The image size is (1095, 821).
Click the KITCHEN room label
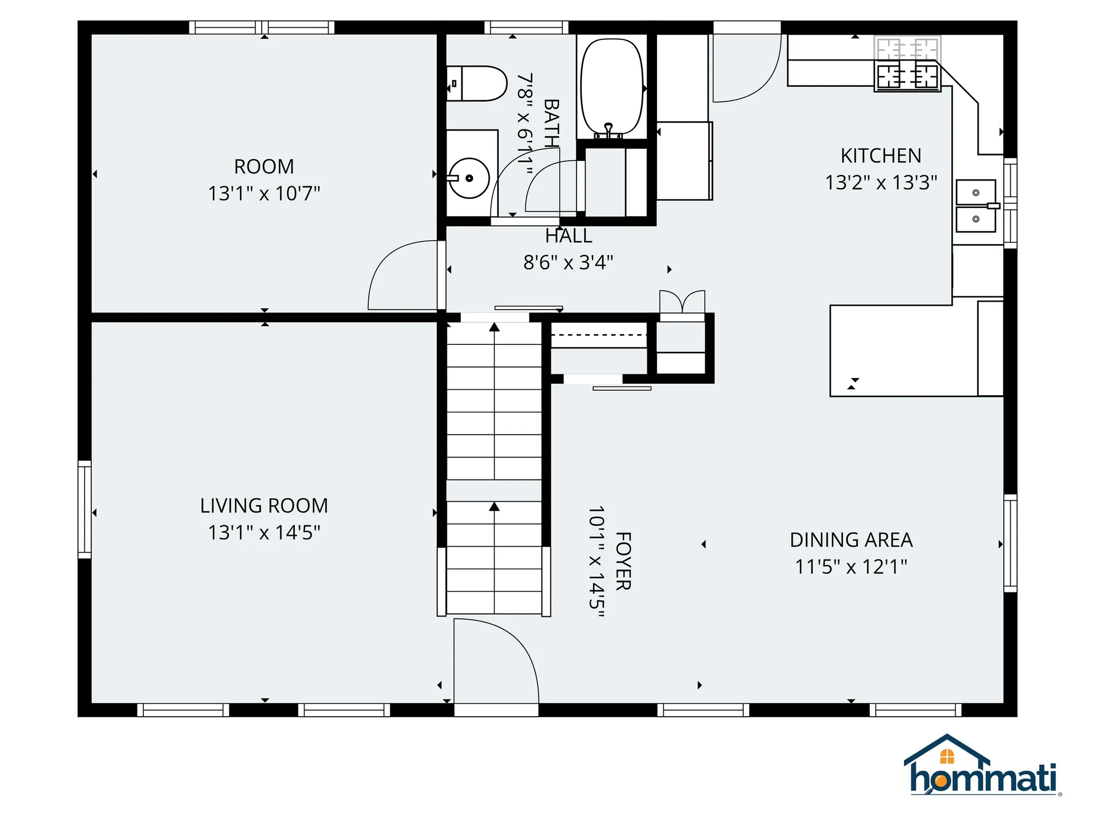click(x=881, y=156)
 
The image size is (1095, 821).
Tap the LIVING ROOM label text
click(x=264, y=506)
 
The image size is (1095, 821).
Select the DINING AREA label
click(x=851, y=540)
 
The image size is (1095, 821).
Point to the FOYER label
click(x=623, y=561)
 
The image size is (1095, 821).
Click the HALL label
click(x=569, y=235)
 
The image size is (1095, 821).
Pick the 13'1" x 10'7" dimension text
click(x=264, y=194)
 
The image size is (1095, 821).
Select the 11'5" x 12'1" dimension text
click(x=851, y=567)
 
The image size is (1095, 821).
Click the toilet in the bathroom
click(x=476, y=83)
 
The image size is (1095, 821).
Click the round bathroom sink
click(x=469, y=178)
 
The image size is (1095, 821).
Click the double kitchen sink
click(x=976, y=206)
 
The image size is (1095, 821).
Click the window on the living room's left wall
click(x=84, y=509)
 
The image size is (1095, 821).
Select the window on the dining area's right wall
click(x=1010, y=543)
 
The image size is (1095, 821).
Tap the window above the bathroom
click(x=526, y=27)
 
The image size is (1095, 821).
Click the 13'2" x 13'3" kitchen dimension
click(x=881, y=182)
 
